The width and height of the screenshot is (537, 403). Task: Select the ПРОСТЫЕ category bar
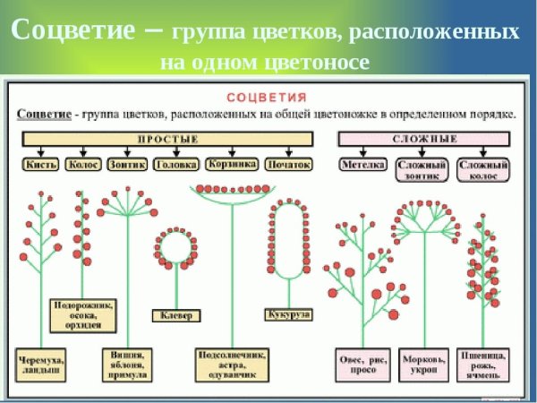point(167,139)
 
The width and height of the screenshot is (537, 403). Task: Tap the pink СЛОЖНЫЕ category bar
point(424,139)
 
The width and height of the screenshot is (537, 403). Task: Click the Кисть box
point(41,165)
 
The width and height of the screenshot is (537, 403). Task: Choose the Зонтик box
point(126,165)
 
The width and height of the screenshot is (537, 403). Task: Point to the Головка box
point(175,165)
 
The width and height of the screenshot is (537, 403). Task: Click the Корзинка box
point(231,164)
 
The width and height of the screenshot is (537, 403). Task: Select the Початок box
point(288,165)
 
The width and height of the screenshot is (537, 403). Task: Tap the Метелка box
point(362,165)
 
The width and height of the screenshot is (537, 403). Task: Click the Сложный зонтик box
point(420,170)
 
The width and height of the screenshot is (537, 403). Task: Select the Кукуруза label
point(288,315)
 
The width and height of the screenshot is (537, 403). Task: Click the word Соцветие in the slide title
point(72,30)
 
